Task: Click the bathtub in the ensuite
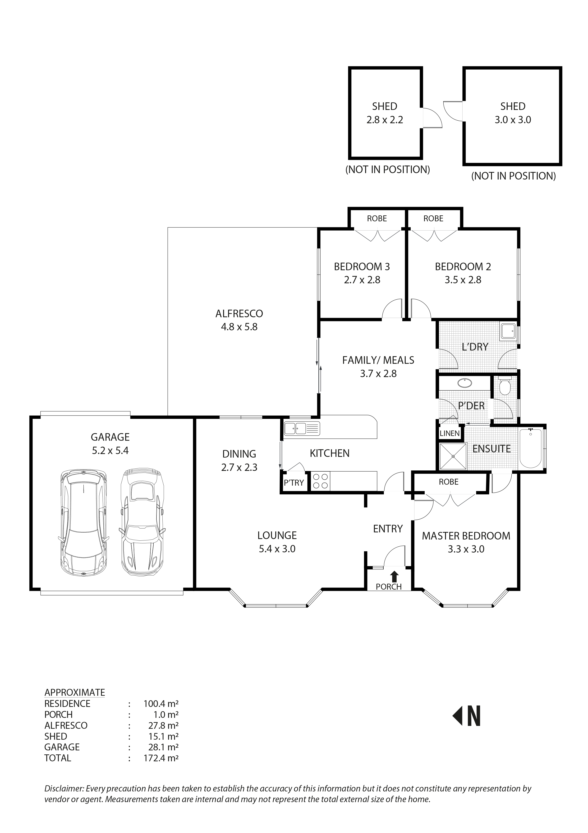pos(531,448)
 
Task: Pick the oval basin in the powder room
pos(464,382)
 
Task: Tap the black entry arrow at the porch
pos(395,576)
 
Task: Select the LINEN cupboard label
pos(449,433)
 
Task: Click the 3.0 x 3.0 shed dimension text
pos(513,120)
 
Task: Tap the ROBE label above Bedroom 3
pos(377,218)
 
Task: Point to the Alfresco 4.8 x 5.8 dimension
pos(239,327)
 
